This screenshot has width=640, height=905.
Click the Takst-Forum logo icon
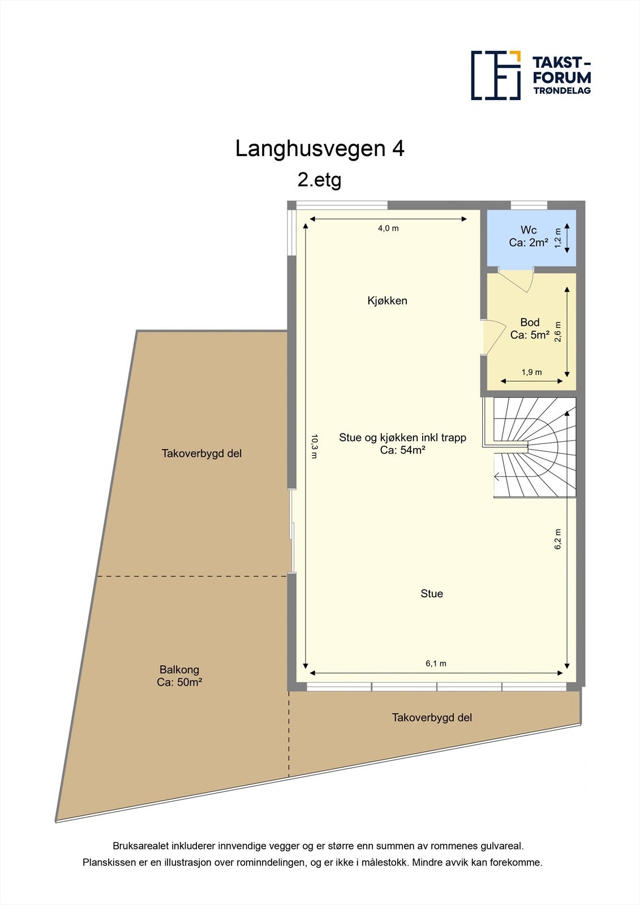tap(496, 75)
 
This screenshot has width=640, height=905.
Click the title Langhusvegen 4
tap(320, 149)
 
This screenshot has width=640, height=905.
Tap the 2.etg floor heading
tap(320, 180)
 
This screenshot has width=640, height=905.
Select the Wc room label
tap(529, 230)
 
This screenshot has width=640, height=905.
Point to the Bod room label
tap(530, 322)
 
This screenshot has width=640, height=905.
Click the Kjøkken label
tap(387, 301)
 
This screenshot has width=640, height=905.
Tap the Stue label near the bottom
tap(431, 593)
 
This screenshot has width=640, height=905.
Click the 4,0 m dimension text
tap(388, 229)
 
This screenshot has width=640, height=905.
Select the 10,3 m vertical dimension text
tap(315, 446)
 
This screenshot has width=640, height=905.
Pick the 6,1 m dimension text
tap(436, 663)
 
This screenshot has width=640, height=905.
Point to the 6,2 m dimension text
tap(557, 539)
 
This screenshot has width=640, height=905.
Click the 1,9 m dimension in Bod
tap(531, 372)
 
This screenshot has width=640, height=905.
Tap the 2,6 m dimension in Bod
tap(558, 332)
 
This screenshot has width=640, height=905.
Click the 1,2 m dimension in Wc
tap(558, 238)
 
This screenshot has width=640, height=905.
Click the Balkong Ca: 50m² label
tap(179, 676)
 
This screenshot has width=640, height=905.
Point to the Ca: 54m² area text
tap(402, 450)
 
